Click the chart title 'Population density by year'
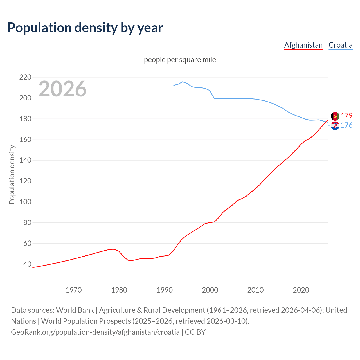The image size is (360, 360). [85, 28]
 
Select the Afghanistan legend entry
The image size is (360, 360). [303, 45]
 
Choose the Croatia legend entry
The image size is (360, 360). [340, 45]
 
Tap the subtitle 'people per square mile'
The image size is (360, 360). [180, 60]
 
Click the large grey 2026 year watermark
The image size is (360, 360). [62, 89]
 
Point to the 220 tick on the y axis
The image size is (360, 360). [25, 77]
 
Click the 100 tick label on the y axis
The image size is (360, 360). [25, 202]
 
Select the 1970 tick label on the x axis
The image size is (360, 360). [74, 290]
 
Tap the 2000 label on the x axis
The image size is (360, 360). [210, 290]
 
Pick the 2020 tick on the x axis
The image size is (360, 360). [301, 290]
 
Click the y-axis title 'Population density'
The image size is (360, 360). [12, 174]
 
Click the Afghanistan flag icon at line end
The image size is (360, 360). [335, 116]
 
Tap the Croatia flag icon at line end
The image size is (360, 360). [335, 126]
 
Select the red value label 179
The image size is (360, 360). [346, 116]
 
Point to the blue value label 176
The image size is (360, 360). [346, 125]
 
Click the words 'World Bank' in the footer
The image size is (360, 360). [75, 310]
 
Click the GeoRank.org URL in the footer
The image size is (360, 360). [95, 332]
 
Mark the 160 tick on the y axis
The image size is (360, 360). [25, 139]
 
